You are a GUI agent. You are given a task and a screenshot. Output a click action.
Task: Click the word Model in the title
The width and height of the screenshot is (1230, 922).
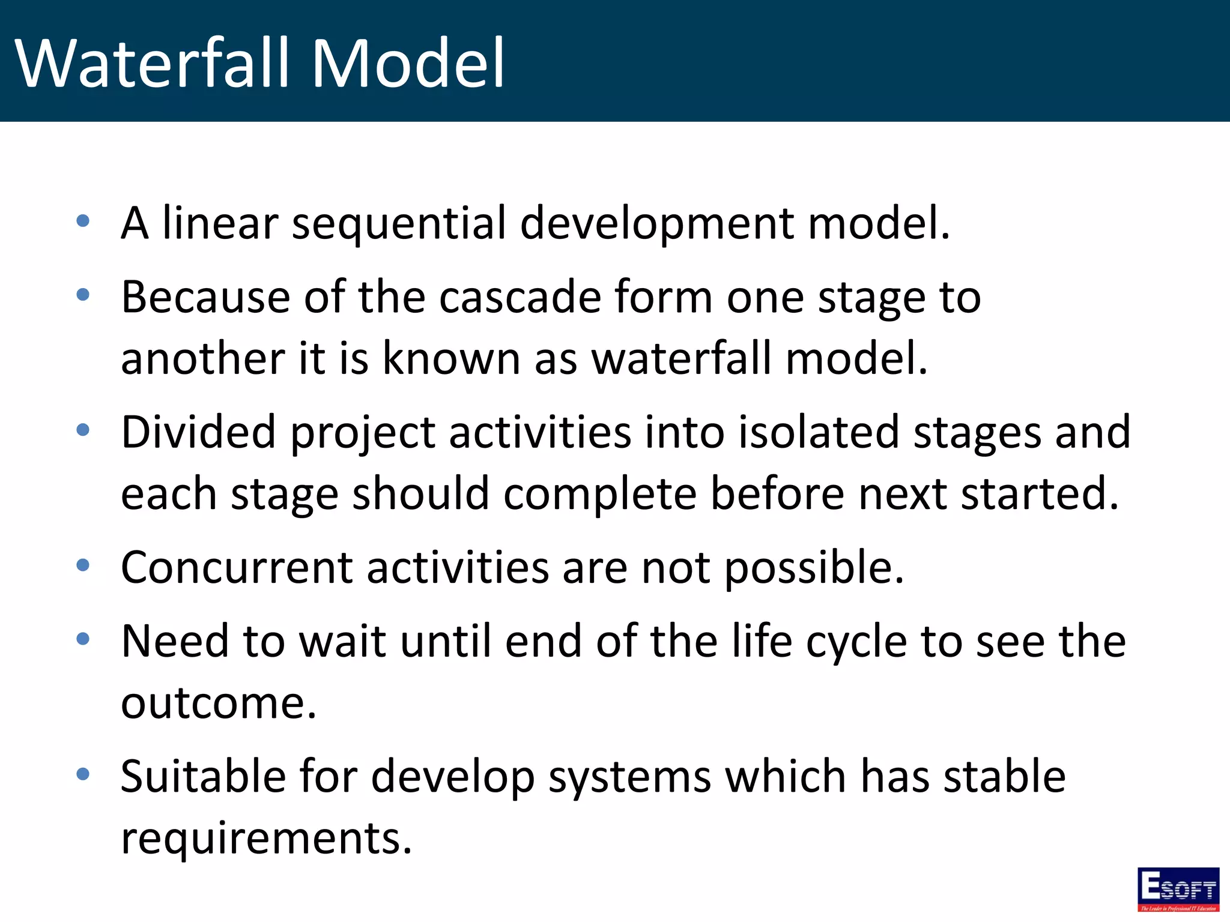(x=408, y=63)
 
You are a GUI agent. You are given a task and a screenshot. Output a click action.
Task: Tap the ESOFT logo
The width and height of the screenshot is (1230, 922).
(x=1178, y=889)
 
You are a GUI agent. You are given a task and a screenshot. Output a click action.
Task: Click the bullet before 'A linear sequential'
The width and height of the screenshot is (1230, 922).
(x=83, y=221)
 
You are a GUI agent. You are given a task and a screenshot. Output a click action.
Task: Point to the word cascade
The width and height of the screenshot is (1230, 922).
(x=520, y=297)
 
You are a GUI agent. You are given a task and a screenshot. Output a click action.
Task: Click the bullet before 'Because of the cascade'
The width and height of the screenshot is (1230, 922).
(x=83, y=295)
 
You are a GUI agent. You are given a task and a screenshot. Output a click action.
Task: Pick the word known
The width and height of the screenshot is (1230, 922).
(x=451, y=359)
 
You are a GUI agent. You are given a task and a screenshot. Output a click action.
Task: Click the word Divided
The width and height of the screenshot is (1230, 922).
(x=198, y=432)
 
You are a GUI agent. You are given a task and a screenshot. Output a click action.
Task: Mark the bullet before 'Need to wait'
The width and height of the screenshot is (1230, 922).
(x=83, y=639)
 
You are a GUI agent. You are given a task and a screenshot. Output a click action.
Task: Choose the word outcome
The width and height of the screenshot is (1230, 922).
(x=218, y=704)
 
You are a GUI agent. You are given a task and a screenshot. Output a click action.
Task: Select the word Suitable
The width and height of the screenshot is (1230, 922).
(x=202, y=776)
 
